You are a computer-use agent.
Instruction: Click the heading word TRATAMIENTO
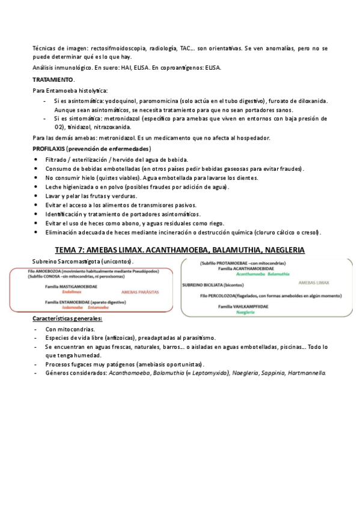(x=53, y=79)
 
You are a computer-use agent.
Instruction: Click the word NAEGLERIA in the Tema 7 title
(x=279, y=250)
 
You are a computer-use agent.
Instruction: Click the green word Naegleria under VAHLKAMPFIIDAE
(x=245, y=313)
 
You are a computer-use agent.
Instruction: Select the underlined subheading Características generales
(x=67, y=319)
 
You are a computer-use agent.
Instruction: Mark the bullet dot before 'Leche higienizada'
(x=38, y=188)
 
